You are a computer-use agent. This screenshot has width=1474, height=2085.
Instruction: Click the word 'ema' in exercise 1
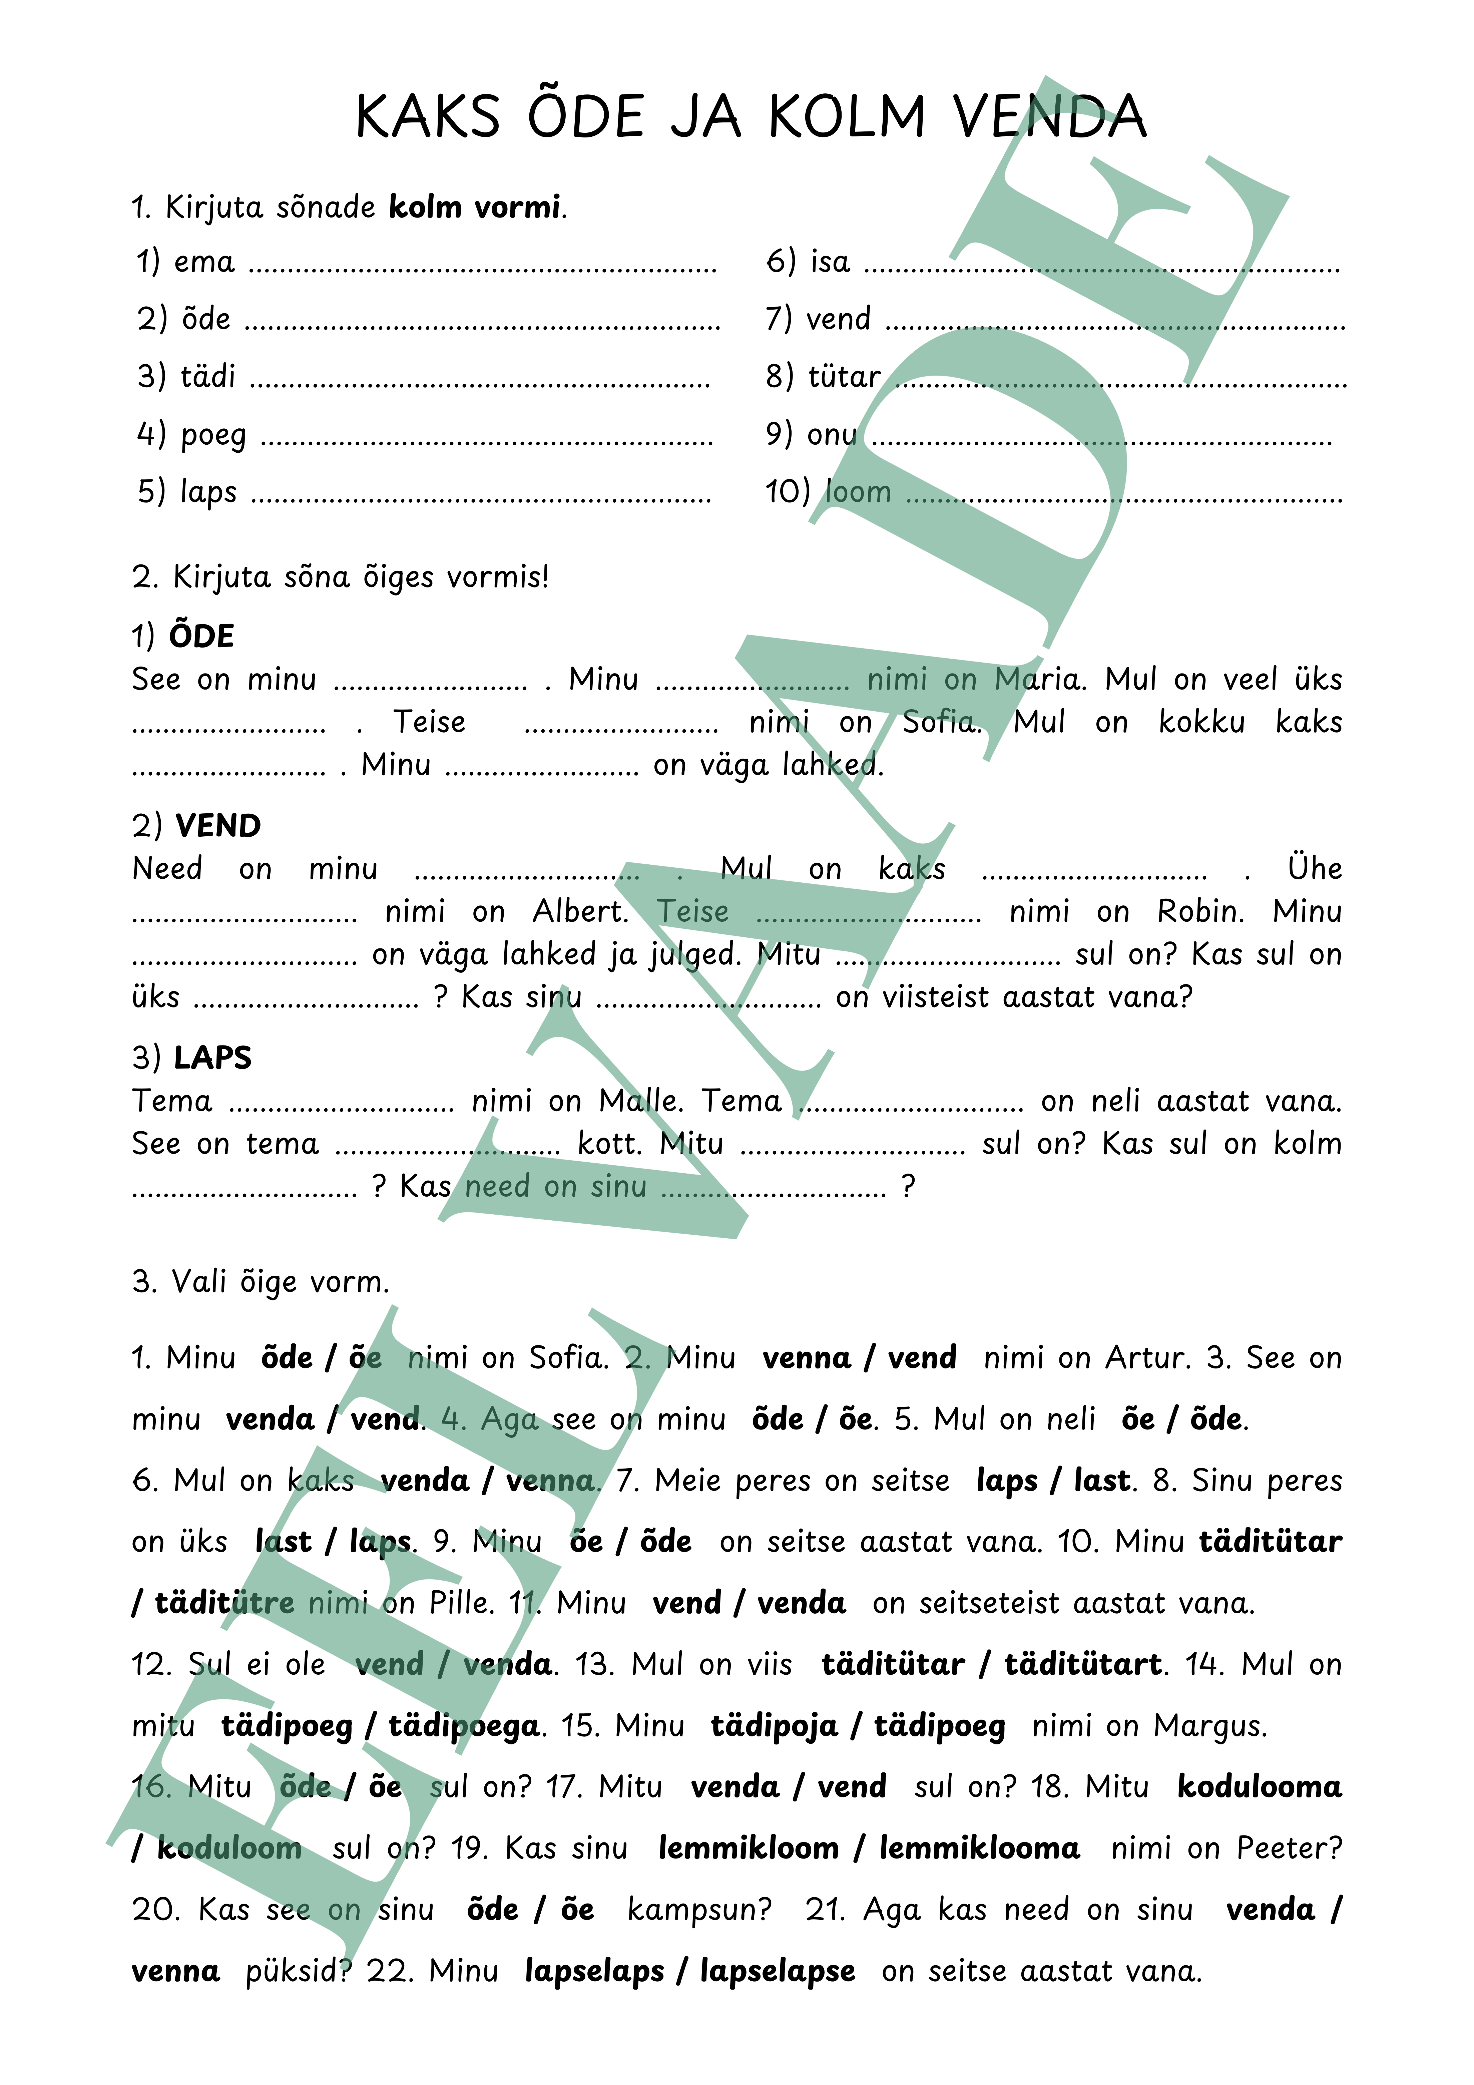point(204,263)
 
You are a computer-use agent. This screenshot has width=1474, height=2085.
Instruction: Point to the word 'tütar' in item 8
point(845,376)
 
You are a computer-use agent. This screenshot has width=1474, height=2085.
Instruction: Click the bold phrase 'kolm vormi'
point(474,207)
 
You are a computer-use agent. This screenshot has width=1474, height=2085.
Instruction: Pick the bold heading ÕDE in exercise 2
point(201,636)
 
